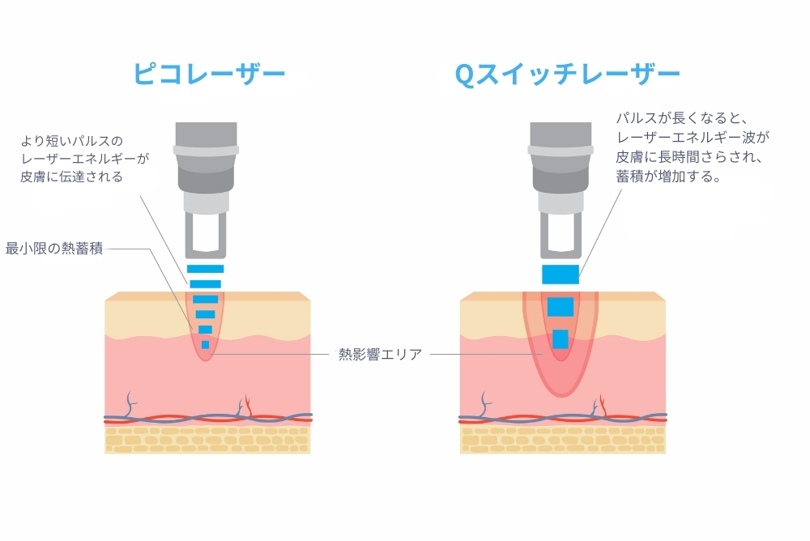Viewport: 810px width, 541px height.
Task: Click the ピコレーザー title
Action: click(209, 75)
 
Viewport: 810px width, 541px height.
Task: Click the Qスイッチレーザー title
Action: click(567, 75)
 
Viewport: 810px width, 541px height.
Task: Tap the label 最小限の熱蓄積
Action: click(54, 248)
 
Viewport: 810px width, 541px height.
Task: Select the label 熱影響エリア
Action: click(380, 354)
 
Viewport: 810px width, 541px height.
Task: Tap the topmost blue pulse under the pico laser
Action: click(205, 269)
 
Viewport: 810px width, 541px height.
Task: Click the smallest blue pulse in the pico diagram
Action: click(205, 345)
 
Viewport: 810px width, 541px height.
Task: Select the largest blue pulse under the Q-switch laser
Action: click(561, 274)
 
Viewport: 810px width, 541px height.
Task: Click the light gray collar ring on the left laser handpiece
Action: click(205, 150)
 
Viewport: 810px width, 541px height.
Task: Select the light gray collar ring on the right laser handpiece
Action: click(561, 150)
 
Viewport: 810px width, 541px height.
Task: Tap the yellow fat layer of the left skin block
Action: click(207, 440)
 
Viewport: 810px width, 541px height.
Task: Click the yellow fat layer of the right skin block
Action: click(562, 440)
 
